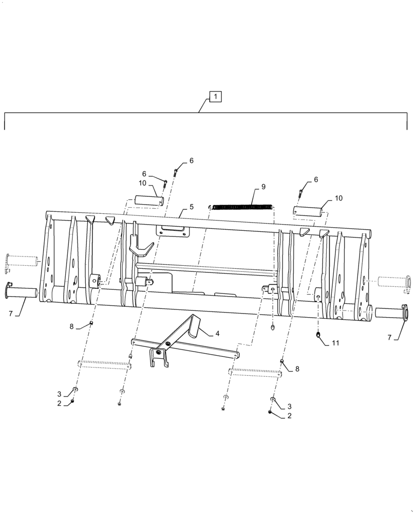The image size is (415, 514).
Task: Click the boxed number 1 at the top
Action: (x=216, y=96)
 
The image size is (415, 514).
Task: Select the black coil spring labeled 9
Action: (x=242, y=207)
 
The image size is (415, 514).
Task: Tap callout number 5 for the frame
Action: (x=191, y=207)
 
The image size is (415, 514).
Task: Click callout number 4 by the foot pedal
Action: (x=218, y=333)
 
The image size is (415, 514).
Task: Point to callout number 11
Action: (x=336, y=342)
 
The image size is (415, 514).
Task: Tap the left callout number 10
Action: (x=142, y=183)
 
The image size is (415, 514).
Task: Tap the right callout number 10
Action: (x=338, y=198)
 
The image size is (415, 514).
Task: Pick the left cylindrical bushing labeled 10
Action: (x=149, y=200)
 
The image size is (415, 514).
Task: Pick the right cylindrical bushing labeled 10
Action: (x=308, y=211)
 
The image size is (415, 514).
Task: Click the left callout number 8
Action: (x=71, y=326)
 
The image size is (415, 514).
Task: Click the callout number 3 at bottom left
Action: (x=59, y=394)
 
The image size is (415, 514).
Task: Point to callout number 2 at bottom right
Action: (x=290, y=416)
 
